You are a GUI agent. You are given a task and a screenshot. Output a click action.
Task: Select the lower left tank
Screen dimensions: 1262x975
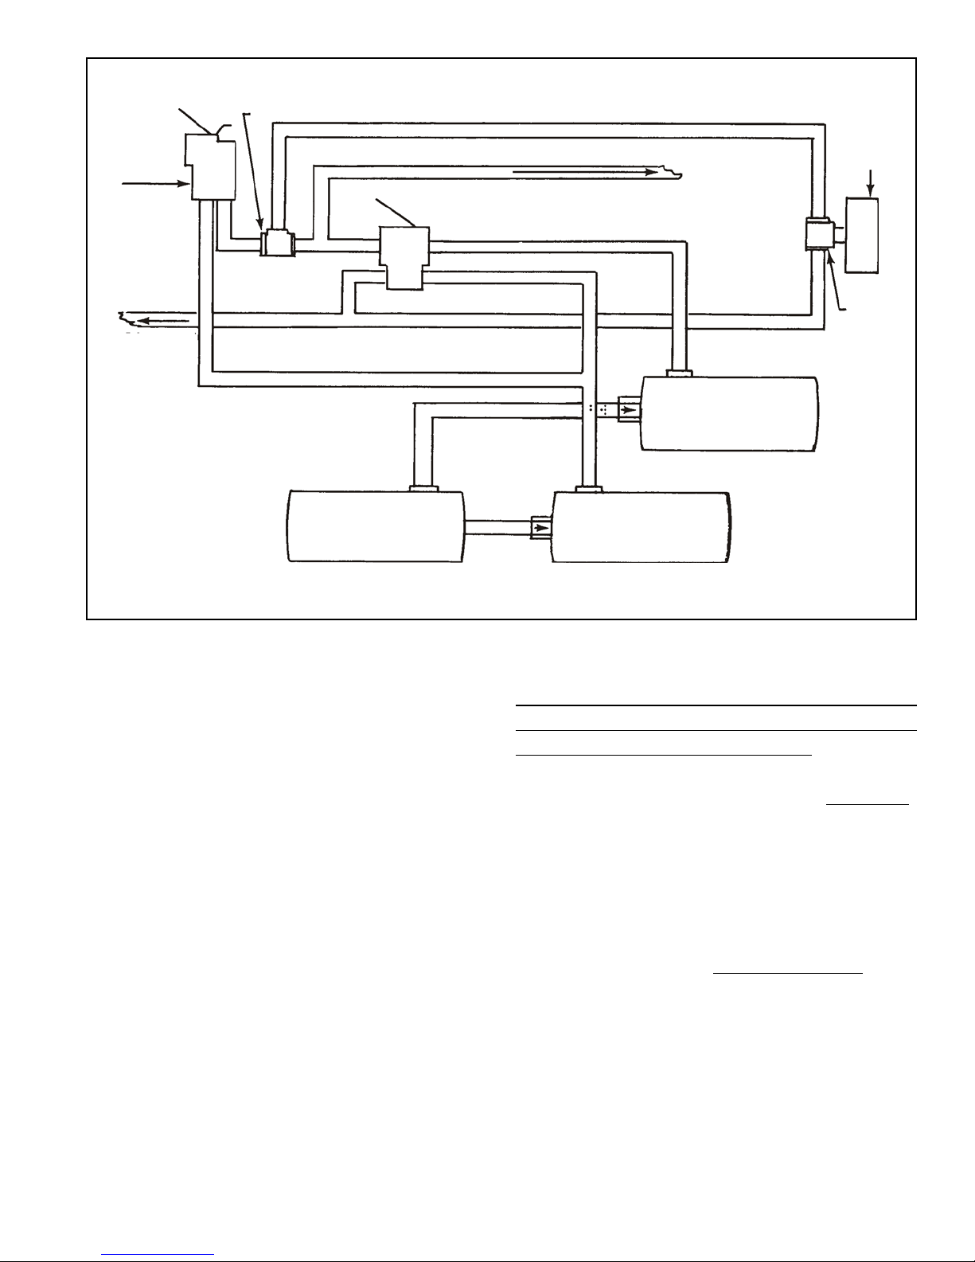[375, 528]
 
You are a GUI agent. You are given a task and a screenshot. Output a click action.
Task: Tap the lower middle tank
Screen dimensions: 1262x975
[642, 528]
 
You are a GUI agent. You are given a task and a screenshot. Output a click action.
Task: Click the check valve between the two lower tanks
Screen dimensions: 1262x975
[541, 527]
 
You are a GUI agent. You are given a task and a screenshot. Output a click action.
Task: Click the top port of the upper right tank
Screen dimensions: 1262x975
[679, 373]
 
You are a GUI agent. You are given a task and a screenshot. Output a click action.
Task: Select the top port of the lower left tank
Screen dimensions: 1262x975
[423, 486]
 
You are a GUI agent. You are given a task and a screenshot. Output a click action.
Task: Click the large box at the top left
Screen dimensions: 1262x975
[211, 166]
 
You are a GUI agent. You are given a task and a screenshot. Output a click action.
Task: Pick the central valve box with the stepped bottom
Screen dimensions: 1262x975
[404, 256]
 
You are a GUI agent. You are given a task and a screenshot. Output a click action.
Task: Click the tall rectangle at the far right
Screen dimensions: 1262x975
[863, 236]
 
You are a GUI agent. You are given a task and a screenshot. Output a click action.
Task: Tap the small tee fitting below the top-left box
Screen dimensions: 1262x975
[277, 242]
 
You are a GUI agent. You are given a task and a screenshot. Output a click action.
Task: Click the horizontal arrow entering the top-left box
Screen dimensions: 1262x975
[154, 184]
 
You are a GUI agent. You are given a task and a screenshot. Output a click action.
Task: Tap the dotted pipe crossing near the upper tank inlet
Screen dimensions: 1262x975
[598, 409]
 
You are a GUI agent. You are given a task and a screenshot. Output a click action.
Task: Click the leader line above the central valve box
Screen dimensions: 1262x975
[395, 211]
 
